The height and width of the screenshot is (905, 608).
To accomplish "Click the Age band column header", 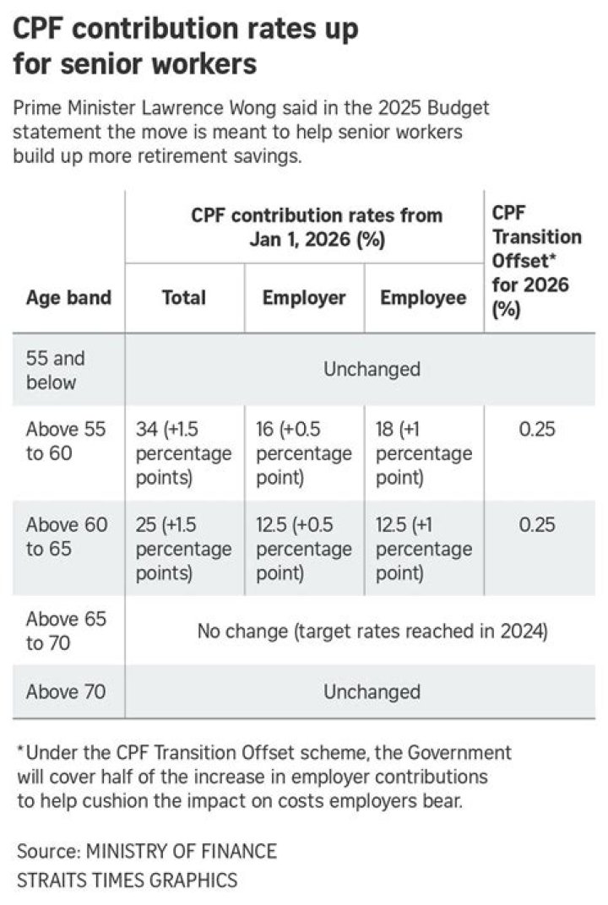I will [68, 298].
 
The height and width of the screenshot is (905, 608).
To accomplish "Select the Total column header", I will [184, 298].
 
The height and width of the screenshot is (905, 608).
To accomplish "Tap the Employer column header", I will [304, 298].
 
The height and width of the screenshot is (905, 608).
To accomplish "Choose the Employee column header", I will [423, 298].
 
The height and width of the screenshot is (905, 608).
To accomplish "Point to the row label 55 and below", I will [56, 370].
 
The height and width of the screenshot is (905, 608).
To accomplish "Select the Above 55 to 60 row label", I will [66, 441].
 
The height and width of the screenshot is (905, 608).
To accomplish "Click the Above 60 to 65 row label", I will [66, 536].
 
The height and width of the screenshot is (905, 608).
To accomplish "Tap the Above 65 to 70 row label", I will [66, 631].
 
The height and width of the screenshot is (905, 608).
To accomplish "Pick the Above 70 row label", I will [66, 692].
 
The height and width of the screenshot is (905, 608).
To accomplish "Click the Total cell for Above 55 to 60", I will [183, 453].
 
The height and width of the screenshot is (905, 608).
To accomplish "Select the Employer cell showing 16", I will [303, 453].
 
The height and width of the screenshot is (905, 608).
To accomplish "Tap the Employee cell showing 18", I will [423, 453].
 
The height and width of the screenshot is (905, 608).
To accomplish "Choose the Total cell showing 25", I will [183, 549].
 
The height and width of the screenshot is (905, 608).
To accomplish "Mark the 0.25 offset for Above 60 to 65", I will [537, 524].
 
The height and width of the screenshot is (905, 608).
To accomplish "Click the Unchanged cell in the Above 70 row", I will [372, 692].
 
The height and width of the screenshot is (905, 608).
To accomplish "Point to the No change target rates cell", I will [372, 631].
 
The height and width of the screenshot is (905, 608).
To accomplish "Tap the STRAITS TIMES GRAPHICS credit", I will [127, 880].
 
